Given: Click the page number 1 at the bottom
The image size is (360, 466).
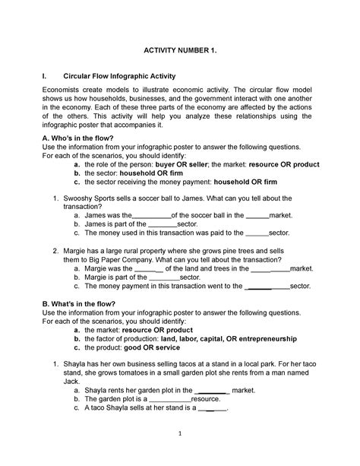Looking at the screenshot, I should tap(180, 435).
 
